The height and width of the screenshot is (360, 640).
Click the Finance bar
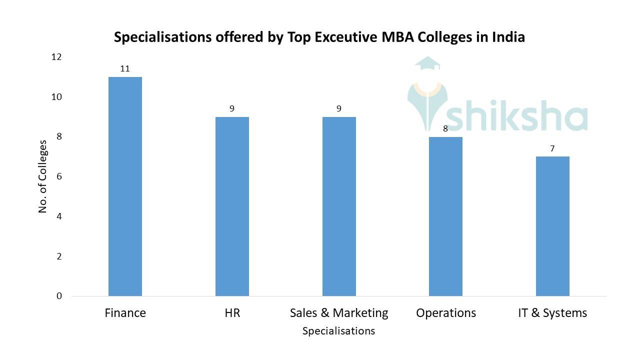125,186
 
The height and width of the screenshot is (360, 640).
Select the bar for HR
232,206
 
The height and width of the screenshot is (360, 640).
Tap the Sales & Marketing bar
339,206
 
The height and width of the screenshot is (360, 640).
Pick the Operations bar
445,216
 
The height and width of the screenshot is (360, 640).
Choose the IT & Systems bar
552,226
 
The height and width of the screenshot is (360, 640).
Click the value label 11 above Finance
125,68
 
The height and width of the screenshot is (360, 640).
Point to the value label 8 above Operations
445,128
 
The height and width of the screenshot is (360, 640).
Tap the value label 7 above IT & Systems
552,148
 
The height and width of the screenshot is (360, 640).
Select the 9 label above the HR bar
232,108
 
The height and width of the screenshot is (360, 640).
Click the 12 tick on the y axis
56,57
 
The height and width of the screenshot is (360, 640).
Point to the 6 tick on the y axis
59,176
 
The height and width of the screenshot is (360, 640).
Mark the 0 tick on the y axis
59,296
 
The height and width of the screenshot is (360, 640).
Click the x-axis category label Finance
125,313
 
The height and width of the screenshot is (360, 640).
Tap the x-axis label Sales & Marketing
339,313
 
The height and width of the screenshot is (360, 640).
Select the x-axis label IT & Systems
552,313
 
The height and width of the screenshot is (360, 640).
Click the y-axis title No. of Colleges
42,176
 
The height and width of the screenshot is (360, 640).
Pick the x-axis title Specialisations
338,331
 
